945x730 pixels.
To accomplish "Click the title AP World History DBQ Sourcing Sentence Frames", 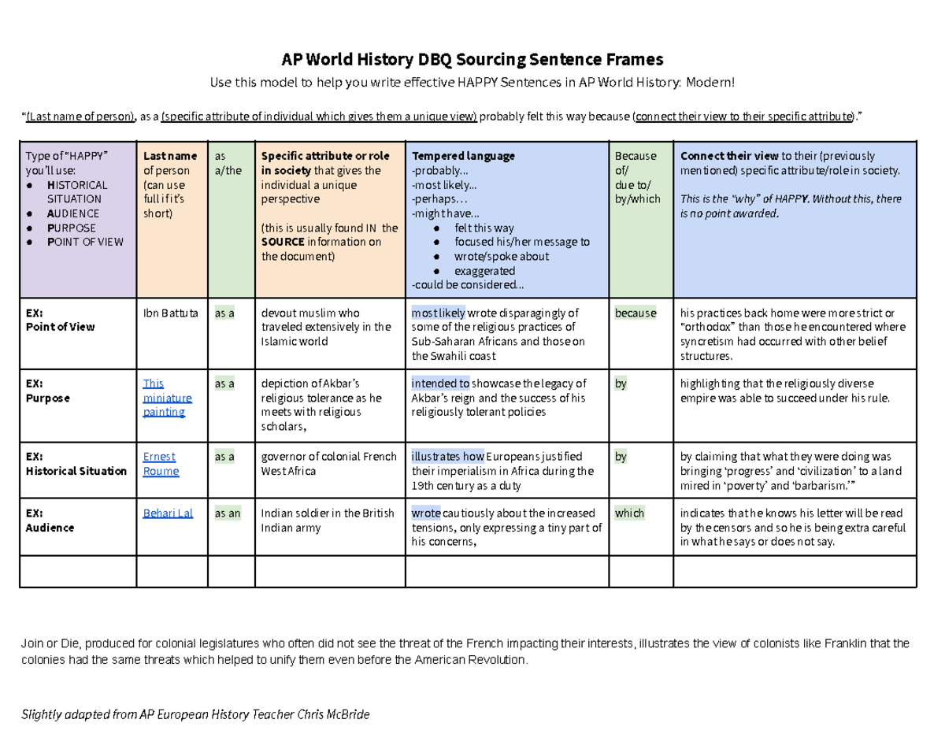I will pos(472,59).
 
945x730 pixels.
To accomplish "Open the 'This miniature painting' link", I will pos(164,398).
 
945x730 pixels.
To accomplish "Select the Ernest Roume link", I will pos(161,464).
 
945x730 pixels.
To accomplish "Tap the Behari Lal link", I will pos(168,513).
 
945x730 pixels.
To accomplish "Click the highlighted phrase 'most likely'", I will pos(438,313).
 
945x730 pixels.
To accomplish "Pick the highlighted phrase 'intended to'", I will pos(440,384).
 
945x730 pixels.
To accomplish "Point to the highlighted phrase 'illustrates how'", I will pos(447,456).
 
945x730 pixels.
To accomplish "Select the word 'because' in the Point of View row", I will pos(636,313).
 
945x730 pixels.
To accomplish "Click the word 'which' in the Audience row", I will pos(630,513).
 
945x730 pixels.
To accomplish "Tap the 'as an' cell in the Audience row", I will pos(229,513).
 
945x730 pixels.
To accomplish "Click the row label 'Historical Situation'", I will pos(76,471).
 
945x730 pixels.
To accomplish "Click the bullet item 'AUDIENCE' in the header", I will pos(72,213).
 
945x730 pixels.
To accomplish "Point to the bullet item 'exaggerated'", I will pos(484,270).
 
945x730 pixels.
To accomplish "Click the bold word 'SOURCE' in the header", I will pos(283,242).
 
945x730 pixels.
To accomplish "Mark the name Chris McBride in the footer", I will pos(333,714).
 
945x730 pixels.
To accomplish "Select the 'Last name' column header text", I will pos(170,156).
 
